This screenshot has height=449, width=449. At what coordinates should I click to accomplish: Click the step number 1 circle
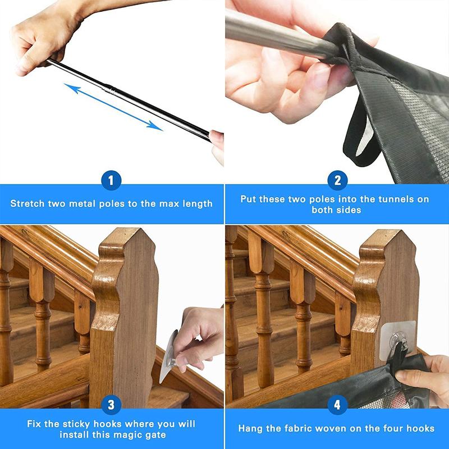coord(111,181)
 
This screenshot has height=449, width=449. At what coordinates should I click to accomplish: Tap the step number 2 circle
coord(337,181)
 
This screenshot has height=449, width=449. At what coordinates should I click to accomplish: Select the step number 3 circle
coord(111,405)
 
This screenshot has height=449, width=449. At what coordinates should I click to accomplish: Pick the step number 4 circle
coord(337,405)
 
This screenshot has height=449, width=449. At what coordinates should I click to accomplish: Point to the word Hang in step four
coord(250,428)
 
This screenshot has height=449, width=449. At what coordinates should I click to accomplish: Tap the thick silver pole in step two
coord(275,34)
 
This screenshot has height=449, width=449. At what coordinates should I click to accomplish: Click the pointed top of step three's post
coord(126,236)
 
